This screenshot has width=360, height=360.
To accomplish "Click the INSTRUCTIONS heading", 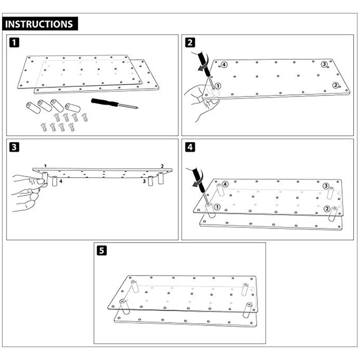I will pos(40,24).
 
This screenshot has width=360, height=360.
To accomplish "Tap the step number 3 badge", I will pos(15,147).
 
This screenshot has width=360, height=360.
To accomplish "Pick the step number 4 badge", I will pos(190,147).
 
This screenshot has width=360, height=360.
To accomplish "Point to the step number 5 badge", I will pos(102,251).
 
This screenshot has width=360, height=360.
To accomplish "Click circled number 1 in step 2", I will pos(218,85).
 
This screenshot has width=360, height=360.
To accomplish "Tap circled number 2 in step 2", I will pos(335,85).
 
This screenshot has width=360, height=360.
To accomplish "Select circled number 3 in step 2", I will pos(324,64).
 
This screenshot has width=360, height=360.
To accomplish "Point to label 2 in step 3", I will pos(162,166).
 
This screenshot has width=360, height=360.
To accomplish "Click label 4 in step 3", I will pos(61,182).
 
